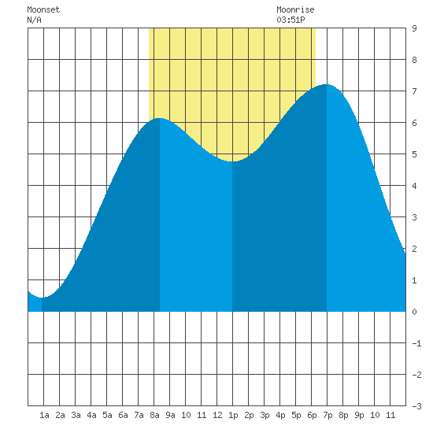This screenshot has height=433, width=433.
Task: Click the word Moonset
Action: [43, 9]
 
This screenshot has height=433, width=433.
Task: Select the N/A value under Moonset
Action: [34, 20]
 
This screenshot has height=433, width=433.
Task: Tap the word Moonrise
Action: [295, 9]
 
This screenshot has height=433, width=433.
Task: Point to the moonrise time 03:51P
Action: [291, 20]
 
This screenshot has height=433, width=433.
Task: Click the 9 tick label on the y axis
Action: [414, 28]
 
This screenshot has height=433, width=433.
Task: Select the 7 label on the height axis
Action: [414, 91]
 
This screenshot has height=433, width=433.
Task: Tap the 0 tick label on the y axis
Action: [414, 312]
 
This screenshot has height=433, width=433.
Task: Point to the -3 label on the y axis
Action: [417, 406]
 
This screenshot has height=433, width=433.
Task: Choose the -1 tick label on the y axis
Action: [417, 343]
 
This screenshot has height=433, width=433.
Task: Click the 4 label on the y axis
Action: [414, 186]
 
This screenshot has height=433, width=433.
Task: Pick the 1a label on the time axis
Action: [44, 415]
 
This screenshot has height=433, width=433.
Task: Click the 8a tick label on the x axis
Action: [154, 415]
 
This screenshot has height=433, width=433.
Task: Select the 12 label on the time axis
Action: [217, 415]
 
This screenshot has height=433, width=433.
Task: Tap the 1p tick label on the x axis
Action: [233, 415]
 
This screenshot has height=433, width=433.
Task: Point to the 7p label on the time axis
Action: [328, 415]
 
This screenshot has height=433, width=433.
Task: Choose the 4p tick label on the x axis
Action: [280, 415]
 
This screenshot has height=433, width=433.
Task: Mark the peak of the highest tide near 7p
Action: [327, 84]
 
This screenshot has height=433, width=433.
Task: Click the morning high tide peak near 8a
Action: [159, 118]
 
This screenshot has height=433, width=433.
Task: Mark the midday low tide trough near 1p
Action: [232, 161]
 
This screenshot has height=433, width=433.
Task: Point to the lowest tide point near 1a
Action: [42, 298]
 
